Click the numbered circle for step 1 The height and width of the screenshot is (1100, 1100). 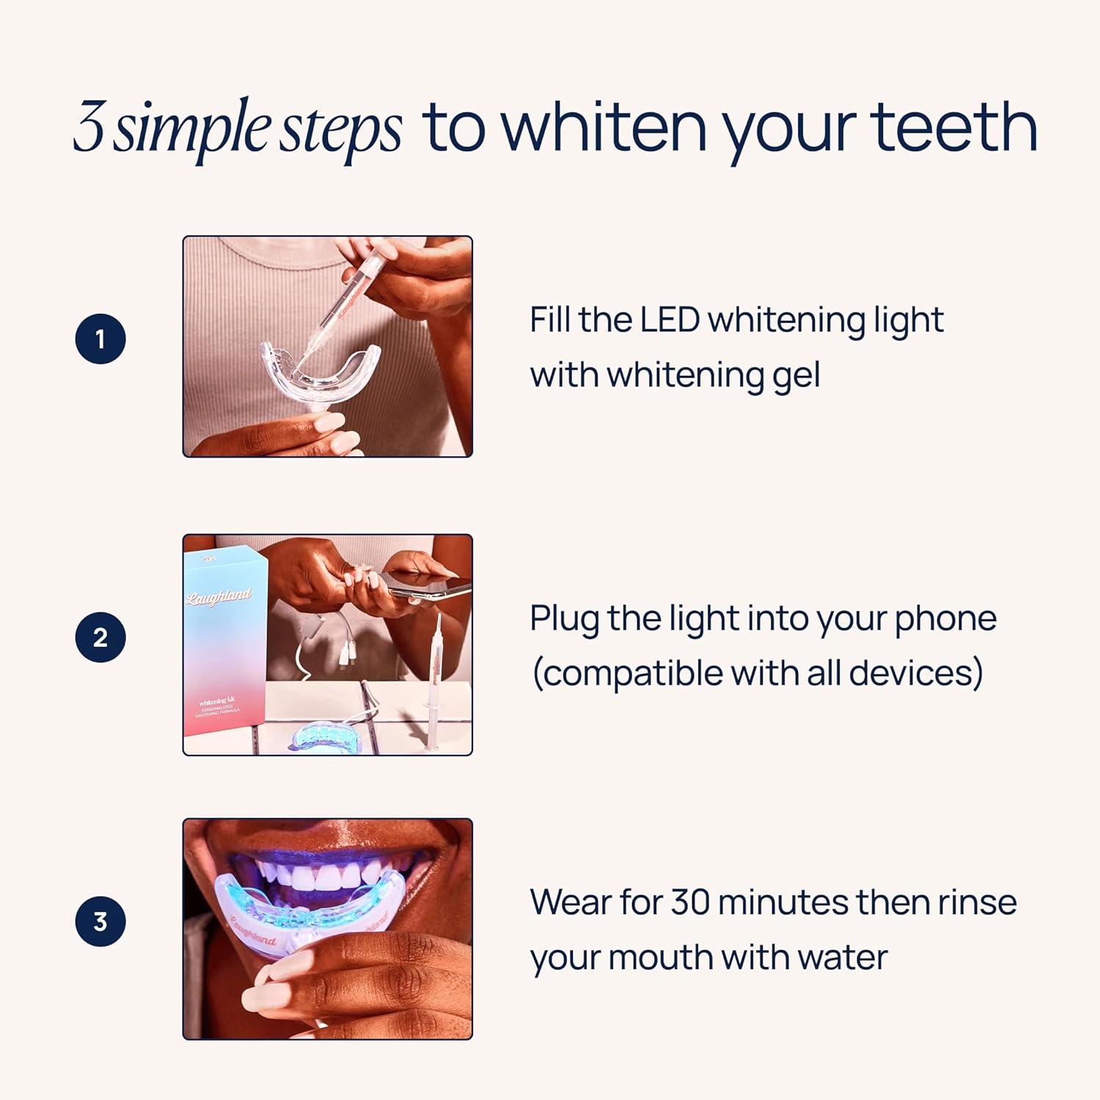click(100, 339)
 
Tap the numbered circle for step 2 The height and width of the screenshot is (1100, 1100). click(100, 637)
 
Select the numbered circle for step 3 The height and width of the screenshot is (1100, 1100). click(100, 921)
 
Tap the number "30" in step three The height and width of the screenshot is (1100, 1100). click(690, 902)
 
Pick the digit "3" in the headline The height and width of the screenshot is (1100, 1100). click(89, 128)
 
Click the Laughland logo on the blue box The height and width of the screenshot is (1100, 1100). click(219, 597)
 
